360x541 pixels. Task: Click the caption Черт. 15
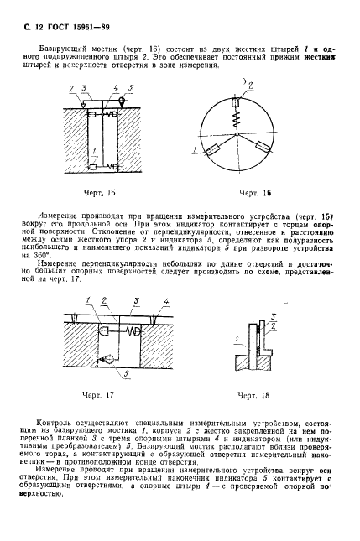pos(98,192)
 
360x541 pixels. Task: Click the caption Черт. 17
pos(98,394)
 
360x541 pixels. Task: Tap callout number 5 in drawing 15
pos(131,86)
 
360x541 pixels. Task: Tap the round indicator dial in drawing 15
pos(123,101)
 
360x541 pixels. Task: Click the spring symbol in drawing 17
pos(129,331)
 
